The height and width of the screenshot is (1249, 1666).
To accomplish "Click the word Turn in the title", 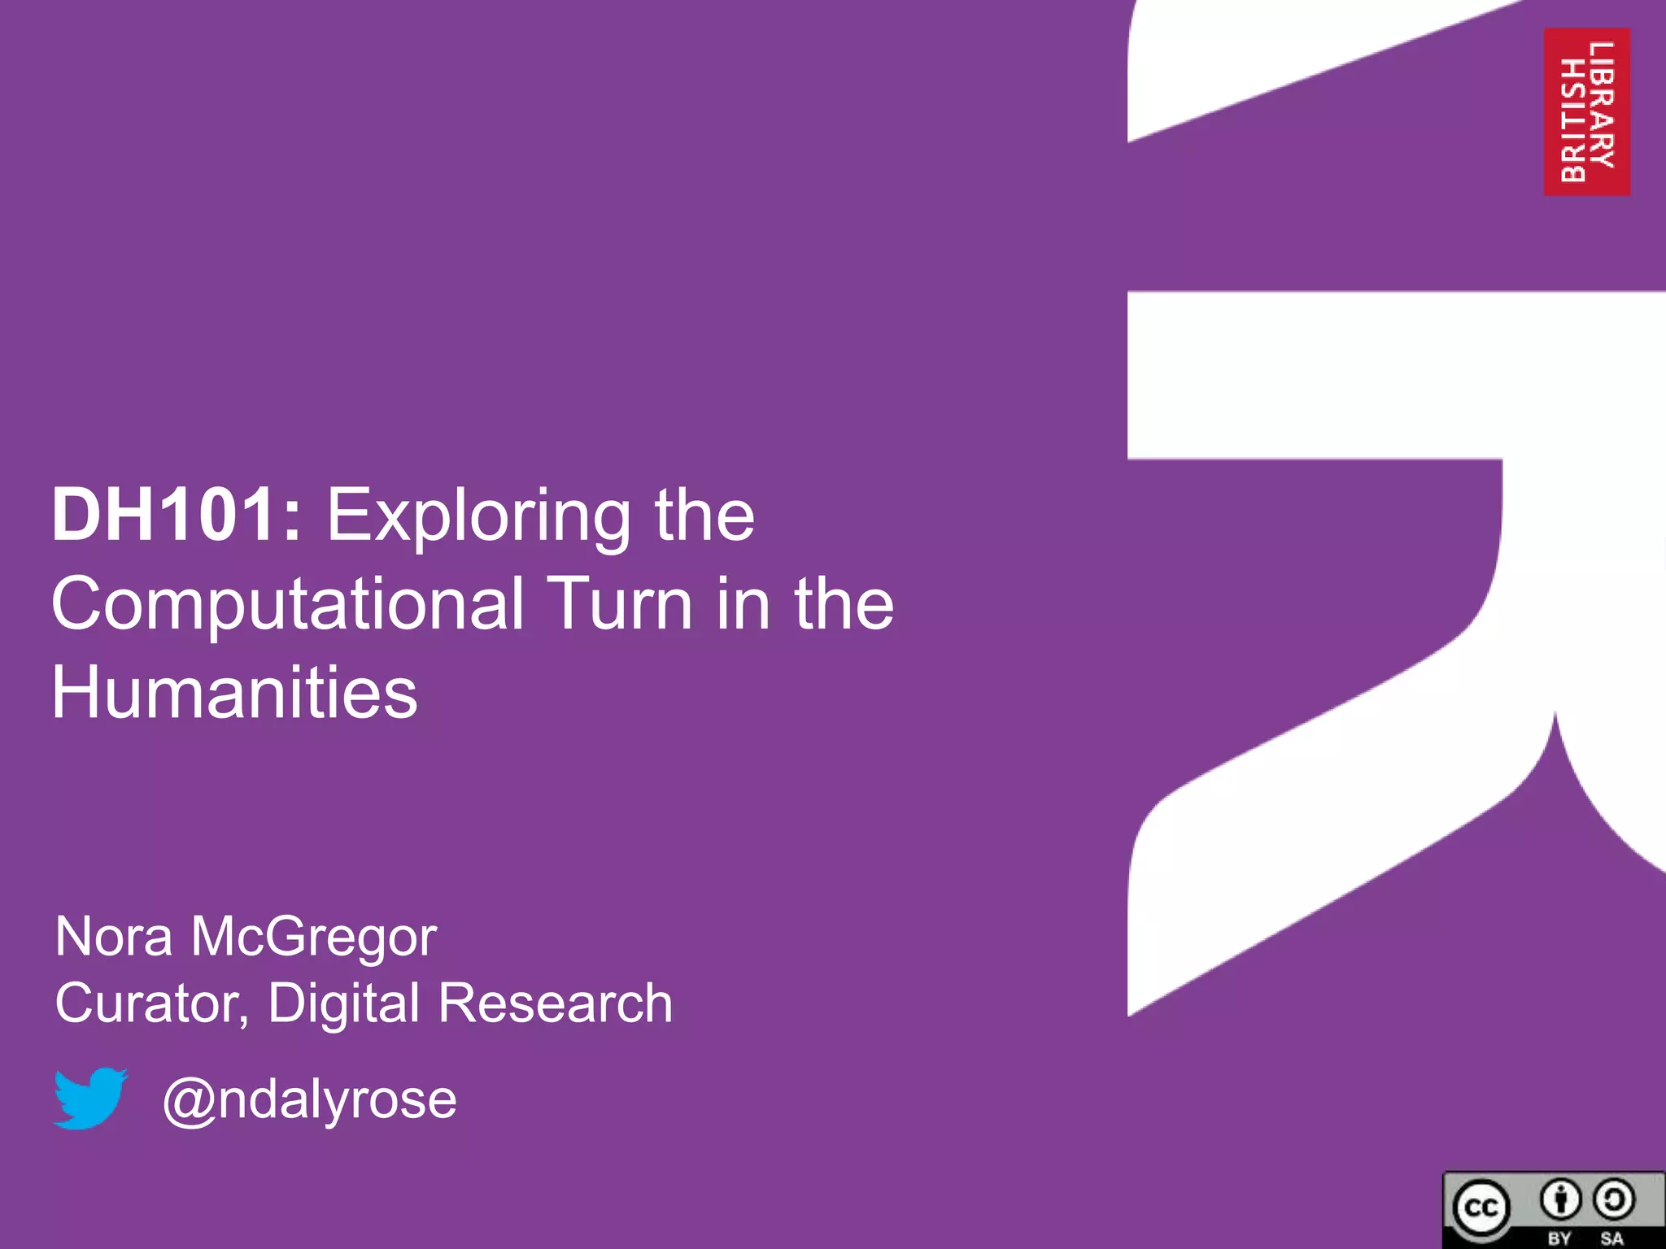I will point(621,603).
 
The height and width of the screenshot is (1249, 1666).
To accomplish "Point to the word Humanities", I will point(234,693).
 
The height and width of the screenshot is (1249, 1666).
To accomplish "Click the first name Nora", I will point(114,937).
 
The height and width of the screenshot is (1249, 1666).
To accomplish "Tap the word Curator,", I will point(151,1003).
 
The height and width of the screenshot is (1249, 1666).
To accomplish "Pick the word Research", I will point(555,1003).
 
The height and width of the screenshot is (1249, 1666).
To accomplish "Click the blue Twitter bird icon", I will point(89,1098).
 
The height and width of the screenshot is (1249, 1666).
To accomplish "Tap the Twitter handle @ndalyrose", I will point(309,1099).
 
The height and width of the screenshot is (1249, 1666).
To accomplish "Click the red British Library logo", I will point(1586,111).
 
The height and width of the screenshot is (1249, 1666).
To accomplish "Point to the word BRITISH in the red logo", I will point(1572,120).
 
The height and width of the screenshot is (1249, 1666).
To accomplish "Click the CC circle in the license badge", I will point(1481,1208).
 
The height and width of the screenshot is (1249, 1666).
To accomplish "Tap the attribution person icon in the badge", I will point(1559,1200).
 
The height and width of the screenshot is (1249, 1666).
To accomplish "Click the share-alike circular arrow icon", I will point(1613,1200).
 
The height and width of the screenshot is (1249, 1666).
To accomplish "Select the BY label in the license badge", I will point(1559,1238).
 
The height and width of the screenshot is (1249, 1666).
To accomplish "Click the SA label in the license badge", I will point(1611,1238).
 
